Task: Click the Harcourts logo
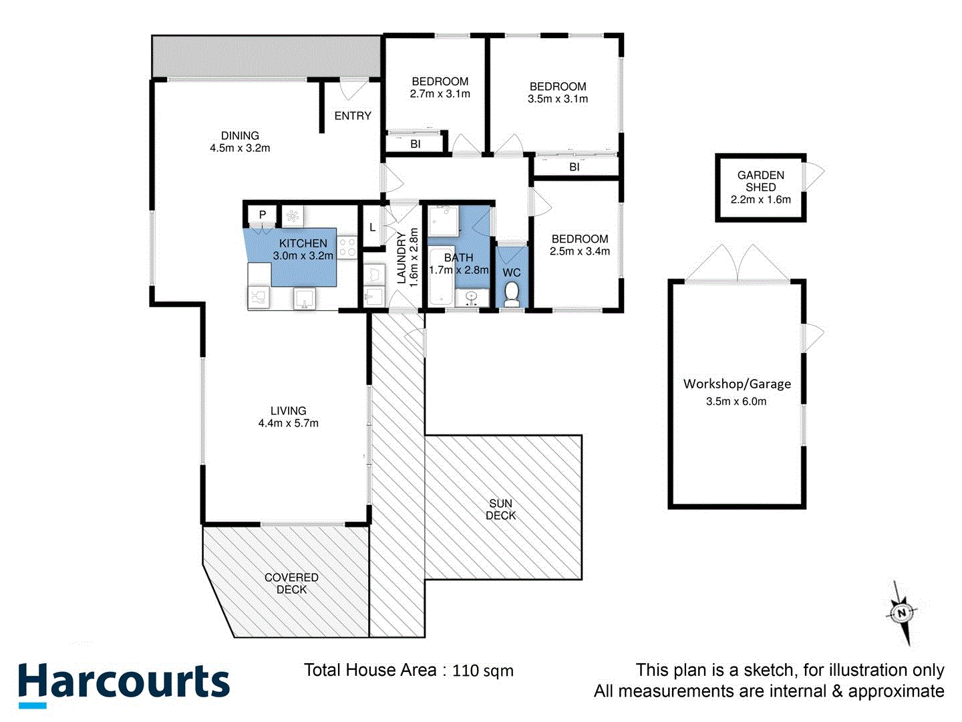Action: [x=124, y=684]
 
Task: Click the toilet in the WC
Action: [x=511, y=295]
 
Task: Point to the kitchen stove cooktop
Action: [x=347, y=247]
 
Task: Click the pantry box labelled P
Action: [x=263, y=215]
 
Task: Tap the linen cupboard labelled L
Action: [x=372, y=227]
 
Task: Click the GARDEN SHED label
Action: [x=760, y=181]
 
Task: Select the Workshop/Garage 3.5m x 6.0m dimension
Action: [x=736, y=402]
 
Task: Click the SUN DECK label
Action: [x=500, y=509]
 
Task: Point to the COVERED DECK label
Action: [x=291, y=583]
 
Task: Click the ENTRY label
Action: [x=353, y=116]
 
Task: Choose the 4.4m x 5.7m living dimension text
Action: [x=288, y=423]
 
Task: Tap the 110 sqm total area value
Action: [x=483, y=671]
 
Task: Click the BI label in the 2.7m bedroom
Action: [x=416, y=144]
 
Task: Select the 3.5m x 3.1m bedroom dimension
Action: [x=558, y=99]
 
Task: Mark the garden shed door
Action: [x=814, y=175]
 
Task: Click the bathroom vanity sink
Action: [x=472, y=296]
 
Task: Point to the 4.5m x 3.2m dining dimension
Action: [x=240, y=148]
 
